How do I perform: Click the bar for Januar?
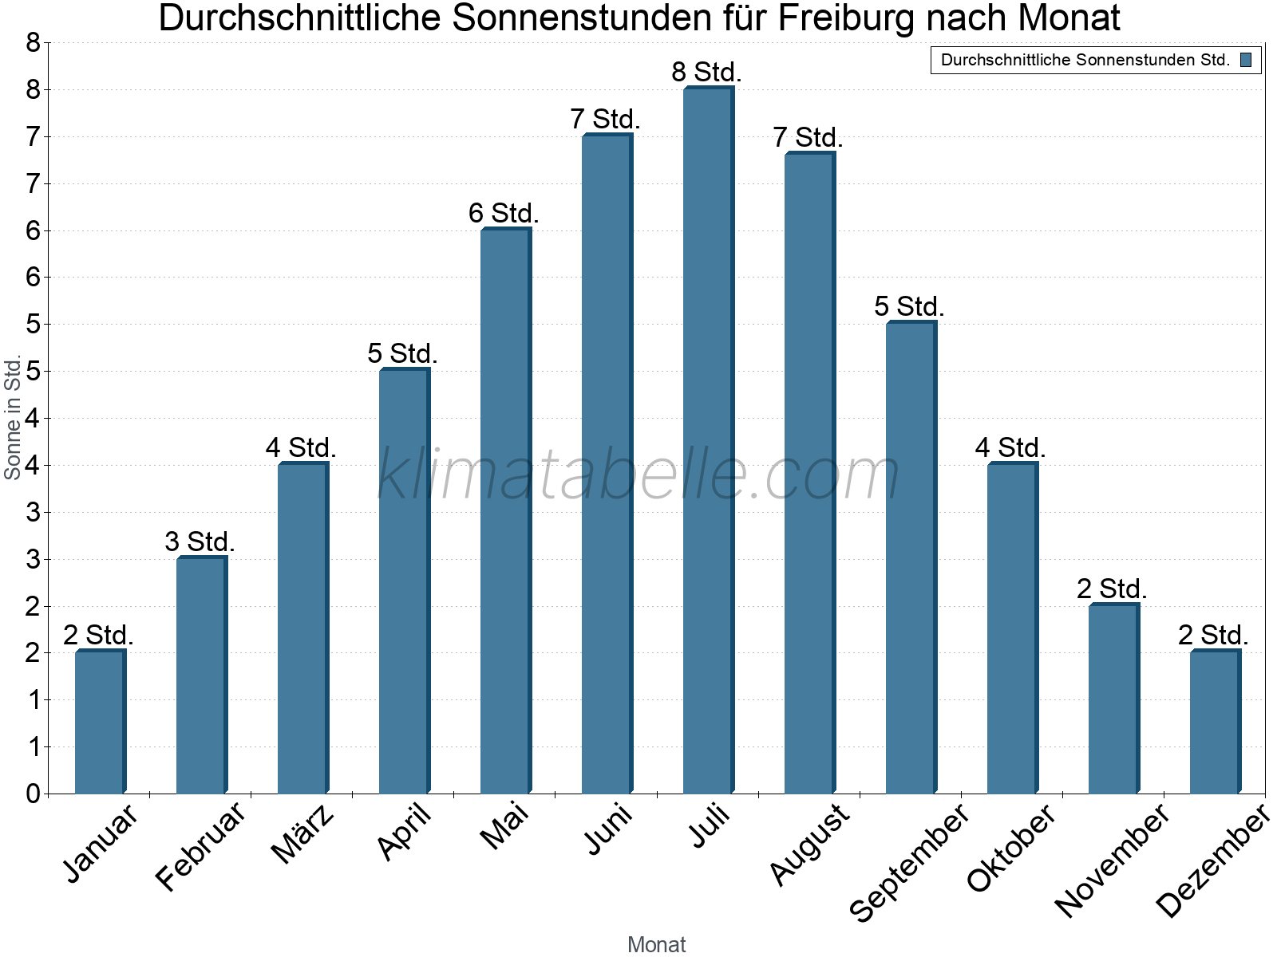(x=100, y=723)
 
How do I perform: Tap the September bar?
(x=911, y=558)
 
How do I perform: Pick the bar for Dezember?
(x=1215, y=723)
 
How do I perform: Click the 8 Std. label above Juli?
(x=706, y=72)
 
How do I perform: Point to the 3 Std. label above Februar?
(x=200, y=542)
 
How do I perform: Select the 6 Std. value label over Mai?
(x=504, y=213)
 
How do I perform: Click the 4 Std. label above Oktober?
(x=1010, y=447)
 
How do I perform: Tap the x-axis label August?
(x=809, y=844)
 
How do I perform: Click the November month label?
(x=1111, y=860)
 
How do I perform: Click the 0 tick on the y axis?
(x=33, y=794)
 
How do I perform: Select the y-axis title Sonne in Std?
(x=13, y=417)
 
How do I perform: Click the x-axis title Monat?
(x=656, y=944)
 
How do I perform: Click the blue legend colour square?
(x=1246, y=60)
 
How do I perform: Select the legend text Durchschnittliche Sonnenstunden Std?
(x=1085, y=60)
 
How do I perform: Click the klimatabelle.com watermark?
(x=638, y=475)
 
